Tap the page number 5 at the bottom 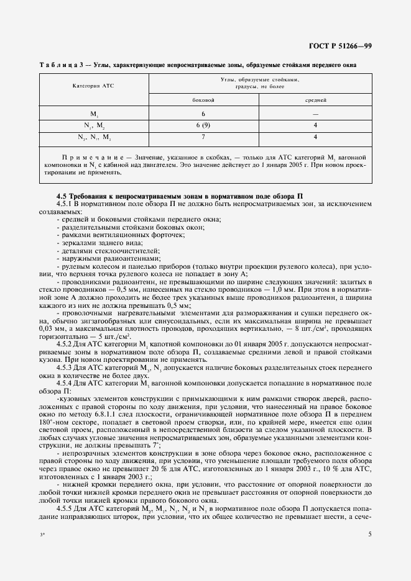tap(370, 533)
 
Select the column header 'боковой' tap(203, 99)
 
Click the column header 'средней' tap(315, 99)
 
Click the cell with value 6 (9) tap(203, 125)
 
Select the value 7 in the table tap(203, 137)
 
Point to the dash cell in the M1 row tap(315, 114)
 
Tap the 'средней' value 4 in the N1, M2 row tap(315, 125)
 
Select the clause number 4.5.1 tap(66, 204)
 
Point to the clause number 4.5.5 tap(66, 508)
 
